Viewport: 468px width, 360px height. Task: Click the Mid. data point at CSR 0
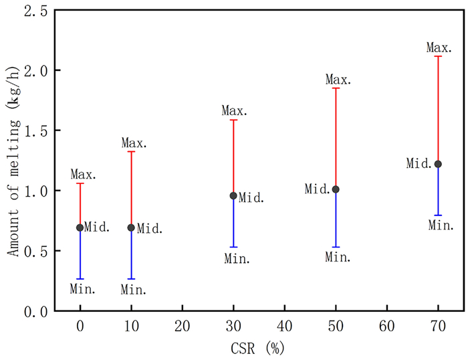(80, 228)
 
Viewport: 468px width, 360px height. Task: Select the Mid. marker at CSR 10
(131, 228)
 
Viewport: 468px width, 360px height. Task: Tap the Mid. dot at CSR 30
(233, 195)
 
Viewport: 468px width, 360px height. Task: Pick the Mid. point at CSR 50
(336, 189)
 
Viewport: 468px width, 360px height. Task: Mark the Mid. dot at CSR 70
(438, 164)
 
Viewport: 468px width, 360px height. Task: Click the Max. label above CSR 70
(439, 48)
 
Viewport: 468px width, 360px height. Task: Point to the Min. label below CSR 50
(338, 256)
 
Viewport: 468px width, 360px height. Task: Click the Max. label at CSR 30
(235, 110)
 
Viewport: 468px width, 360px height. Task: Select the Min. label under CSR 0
(83, 289)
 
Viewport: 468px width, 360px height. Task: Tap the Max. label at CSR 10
(134, 143)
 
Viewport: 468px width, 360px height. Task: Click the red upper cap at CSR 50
(336, 88)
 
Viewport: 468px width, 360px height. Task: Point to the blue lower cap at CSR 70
(438, 215)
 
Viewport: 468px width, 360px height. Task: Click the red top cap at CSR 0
(80, 183)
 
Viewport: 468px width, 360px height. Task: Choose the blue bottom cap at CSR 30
(233, 247)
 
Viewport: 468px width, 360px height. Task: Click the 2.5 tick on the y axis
(35, 11)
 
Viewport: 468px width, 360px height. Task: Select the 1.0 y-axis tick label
(35, 191)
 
